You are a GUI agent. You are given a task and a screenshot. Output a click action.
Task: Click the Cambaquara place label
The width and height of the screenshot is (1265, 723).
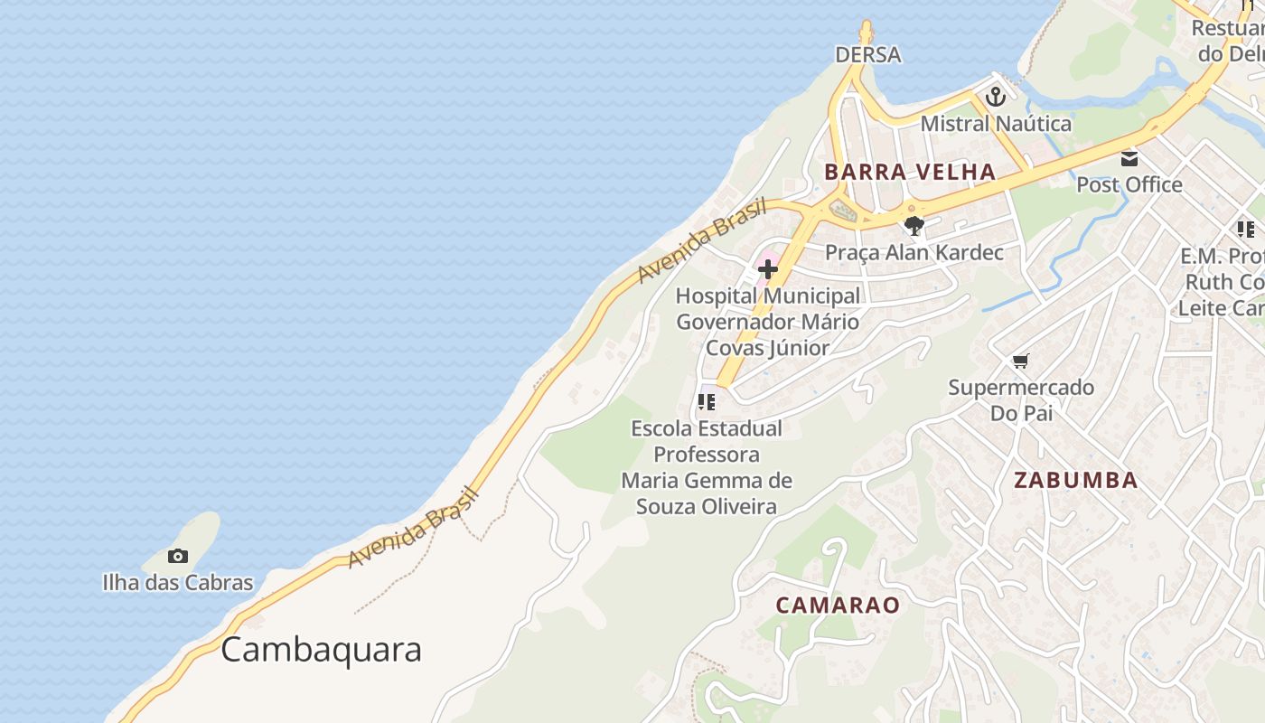pos(321,650)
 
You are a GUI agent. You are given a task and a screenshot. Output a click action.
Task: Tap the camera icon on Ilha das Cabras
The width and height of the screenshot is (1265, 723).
pos(178,556)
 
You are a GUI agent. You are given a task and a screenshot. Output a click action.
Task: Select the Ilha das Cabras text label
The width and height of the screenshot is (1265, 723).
pos(178,583)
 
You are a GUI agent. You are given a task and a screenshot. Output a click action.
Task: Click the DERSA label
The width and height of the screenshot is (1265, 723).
pos(867,55)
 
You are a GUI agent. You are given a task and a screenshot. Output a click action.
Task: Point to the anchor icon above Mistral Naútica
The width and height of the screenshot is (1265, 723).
pos(996,97)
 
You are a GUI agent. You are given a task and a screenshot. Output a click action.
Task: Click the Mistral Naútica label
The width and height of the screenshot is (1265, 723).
pos(996,124)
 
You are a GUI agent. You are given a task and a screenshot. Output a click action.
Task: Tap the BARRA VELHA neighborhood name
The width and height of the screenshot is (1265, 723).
pos(910,172)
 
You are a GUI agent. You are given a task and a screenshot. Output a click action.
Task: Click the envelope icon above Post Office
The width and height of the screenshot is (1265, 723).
pos(1129,159)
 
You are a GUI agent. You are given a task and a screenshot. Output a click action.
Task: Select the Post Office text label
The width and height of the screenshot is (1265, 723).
pos(1129,185)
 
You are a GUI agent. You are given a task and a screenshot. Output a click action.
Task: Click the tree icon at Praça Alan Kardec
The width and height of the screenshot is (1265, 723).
pos(914,226)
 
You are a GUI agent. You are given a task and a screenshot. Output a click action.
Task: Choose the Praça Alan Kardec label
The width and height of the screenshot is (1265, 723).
pos(914,252)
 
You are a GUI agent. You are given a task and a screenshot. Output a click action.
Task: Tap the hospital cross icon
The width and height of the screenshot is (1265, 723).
pos(768,268)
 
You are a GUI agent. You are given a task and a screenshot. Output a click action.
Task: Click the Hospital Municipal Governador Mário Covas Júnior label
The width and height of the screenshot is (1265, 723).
pos(768,322)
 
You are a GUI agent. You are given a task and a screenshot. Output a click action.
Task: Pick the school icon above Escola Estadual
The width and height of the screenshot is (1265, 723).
pos(707,401)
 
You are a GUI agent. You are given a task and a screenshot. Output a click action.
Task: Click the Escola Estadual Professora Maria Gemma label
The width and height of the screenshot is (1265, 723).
pos(707,466)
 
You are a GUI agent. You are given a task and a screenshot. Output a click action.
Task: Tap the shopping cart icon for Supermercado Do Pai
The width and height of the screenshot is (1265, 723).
pos(1020,361)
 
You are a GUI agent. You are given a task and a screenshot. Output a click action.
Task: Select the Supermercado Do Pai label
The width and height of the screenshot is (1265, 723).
pos(1020,400)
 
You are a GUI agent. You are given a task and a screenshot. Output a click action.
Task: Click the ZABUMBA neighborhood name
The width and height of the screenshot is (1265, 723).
pos(1075,480)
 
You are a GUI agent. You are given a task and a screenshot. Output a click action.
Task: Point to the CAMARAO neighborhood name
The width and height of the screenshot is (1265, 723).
pos(838,606)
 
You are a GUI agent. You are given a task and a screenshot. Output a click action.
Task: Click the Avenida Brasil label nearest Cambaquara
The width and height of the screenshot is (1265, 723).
pos(412,528)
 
